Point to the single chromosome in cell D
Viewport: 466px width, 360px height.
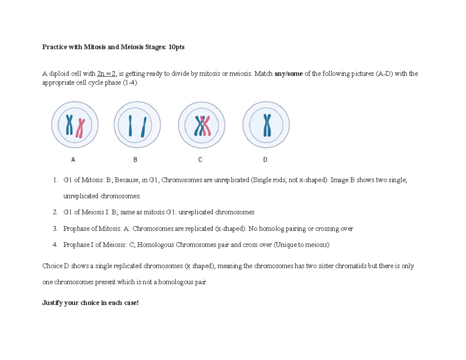click(266, 125)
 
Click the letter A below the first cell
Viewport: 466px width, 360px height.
click(73, 159)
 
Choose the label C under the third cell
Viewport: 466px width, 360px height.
click(200, 159)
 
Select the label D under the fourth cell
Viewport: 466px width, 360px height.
click(265, 159)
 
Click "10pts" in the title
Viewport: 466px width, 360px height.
click(177, 47)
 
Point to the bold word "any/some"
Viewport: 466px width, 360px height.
click(289, 74)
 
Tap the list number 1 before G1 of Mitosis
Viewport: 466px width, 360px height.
click(56, 180)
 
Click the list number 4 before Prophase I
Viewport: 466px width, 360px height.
click(56, 245)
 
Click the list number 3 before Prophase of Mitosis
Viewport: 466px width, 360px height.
click(56, 229)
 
